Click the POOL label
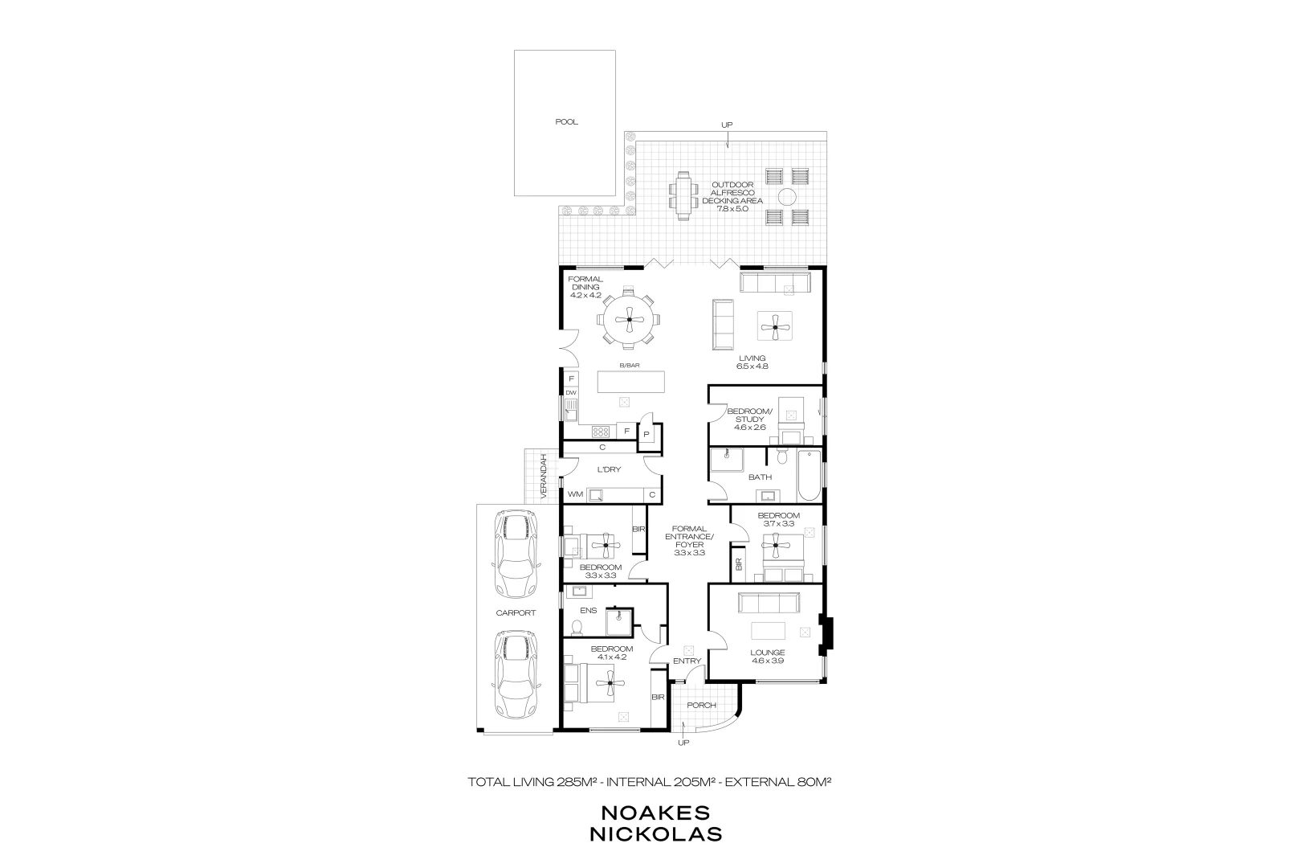566,122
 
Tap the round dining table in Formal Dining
630,321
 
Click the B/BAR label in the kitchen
629,366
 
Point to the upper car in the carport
515,555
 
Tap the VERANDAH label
544,477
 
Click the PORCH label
701,705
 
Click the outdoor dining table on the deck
683,195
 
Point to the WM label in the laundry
575,494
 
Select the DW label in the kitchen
571,393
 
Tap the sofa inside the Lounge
769,602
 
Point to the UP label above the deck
727,125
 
